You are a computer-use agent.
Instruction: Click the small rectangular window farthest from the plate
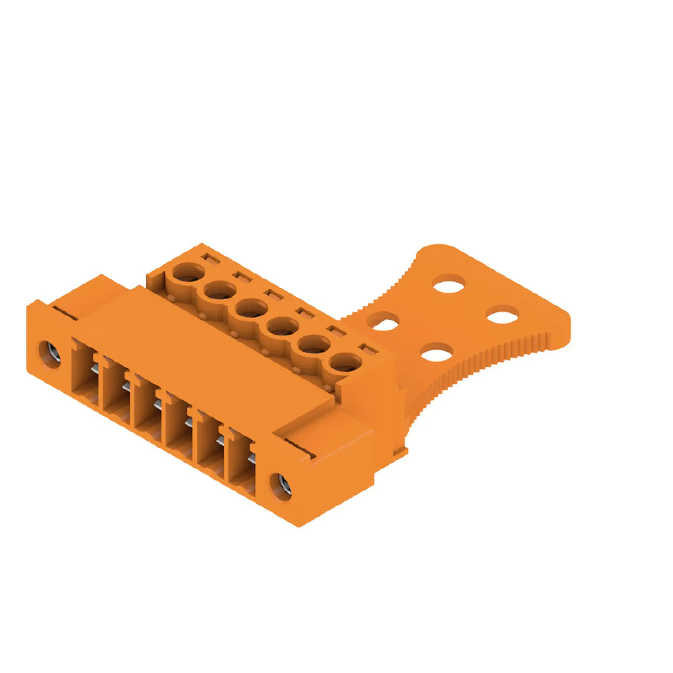point(210,259)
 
